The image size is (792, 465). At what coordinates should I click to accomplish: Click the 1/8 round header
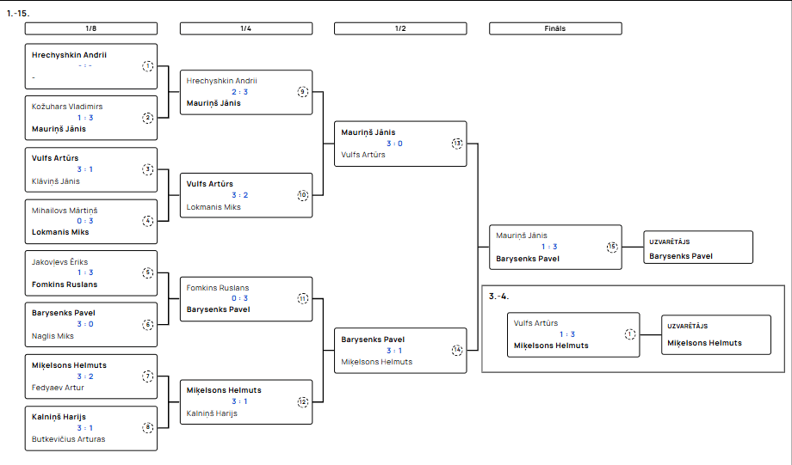[91, 28]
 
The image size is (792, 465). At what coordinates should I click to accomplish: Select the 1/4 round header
[246, 28]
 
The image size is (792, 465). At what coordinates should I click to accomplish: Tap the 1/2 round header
[400, 28]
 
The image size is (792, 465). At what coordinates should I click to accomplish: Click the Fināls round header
[555, 28]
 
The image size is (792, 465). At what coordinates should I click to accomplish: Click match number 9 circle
[302, 92]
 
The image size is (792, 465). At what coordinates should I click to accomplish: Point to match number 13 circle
[457, 144]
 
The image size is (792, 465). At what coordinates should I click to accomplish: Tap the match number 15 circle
[612, 247]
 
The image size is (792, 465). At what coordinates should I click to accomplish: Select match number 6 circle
[147, 325]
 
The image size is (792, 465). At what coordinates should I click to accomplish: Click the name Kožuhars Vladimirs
[67, 107]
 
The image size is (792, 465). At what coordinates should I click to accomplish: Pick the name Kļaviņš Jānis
[56, 181]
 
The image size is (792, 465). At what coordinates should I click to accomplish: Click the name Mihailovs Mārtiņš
[65, 211]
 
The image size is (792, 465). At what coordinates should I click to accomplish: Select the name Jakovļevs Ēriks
[59, 262]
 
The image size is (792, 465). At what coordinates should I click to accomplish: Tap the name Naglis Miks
[53, 336]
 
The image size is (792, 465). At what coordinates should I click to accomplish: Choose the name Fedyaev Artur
[58, 388]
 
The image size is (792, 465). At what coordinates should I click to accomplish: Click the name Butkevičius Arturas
[68, 438]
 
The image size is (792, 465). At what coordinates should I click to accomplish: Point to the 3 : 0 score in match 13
[394, 144]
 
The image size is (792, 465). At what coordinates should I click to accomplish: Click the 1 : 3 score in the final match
[549, 247]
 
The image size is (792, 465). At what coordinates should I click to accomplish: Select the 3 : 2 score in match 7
[85, 376]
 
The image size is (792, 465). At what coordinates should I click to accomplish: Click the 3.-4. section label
[498, 297]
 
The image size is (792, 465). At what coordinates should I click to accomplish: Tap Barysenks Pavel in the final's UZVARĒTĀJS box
[681, 256]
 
